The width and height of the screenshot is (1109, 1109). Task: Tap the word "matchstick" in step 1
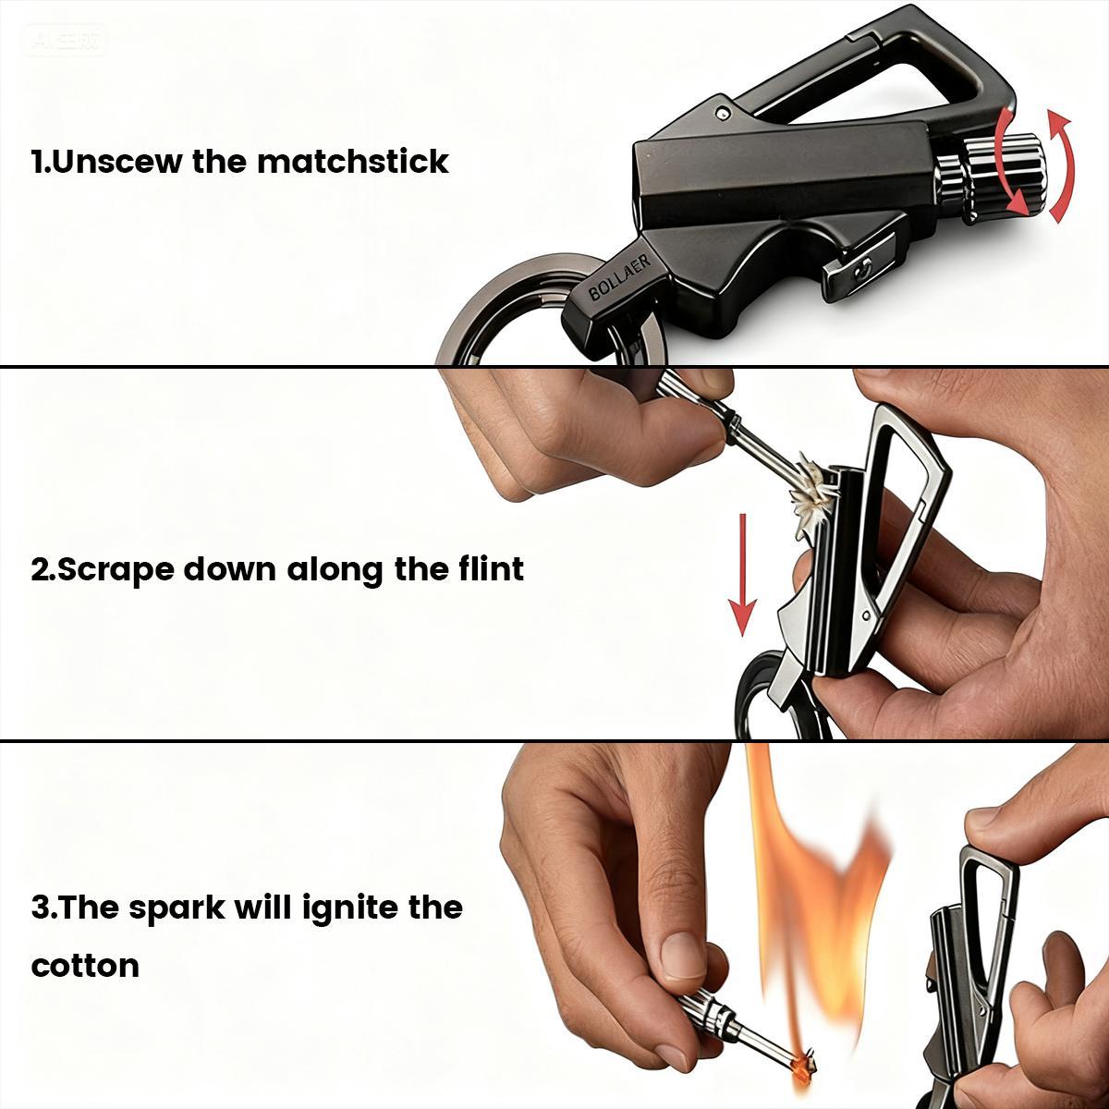click(352, 162)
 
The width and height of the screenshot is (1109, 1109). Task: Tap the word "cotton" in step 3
click(85, 966)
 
